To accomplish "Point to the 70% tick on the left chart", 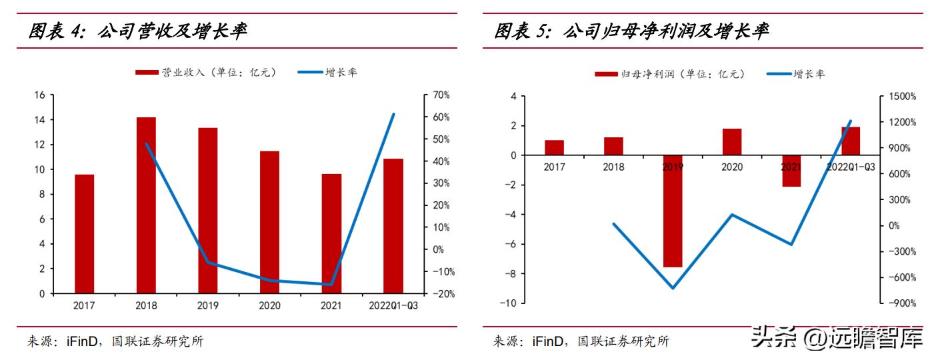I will click(441, 95).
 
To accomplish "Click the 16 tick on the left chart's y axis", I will click(39, 95).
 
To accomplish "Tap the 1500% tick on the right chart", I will click(903, 97).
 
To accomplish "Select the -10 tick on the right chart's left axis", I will click(507, 303).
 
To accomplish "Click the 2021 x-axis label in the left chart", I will click(331, 306).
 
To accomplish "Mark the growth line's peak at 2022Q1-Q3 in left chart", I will click(393, 114).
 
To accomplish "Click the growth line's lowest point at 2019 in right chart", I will click(673, 288).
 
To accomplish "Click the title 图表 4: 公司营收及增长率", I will click(137, 31).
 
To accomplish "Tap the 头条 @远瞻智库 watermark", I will click(837, 338).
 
